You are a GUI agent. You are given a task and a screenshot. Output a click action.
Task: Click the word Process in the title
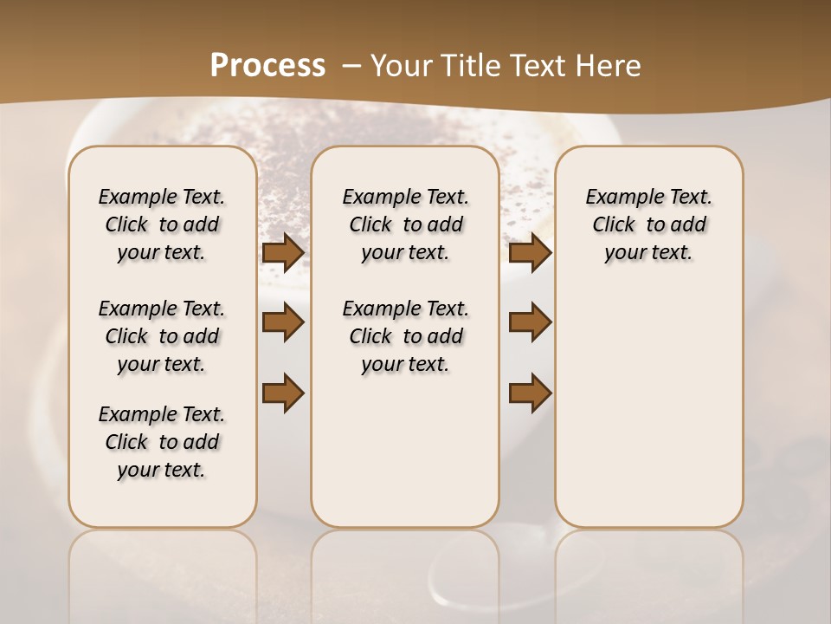(267, 66)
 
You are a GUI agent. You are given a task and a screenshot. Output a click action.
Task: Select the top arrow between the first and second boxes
(283, 252)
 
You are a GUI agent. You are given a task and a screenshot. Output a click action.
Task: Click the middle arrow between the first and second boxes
(283, 322)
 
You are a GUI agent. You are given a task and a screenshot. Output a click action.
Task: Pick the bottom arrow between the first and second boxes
(283, 393)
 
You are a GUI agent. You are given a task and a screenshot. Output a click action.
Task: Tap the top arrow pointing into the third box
(530, 252)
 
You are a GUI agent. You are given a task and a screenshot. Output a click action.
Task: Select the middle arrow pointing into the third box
(530, 322)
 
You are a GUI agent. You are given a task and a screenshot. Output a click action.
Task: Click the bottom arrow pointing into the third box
(530, 393)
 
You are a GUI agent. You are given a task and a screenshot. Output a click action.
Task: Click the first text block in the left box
(162, 224)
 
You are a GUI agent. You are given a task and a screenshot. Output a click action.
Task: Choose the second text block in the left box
(162, 336)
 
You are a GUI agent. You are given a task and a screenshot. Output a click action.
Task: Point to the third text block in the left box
(162, 442)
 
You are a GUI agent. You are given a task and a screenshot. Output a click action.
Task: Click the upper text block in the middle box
(405, 224)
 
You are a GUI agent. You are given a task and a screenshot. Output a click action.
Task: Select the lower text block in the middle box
(405, 336)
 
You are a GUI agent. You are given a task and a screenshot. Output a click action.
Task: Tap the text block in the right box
(648, 224)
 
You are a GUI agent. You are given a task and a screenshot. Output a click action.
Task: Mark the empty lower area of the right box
(648, 407)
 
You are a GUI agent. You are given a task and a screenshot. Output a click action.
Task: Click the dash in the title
(351, 66)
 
